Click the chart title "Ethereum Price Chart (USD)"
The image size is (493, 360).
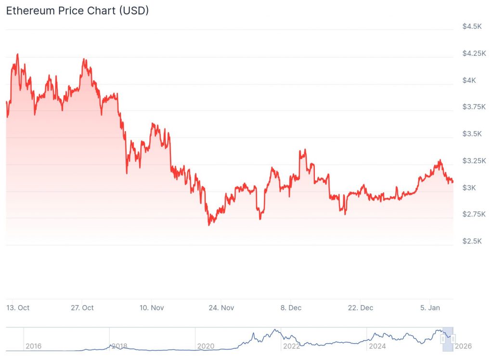(x=77, y=11)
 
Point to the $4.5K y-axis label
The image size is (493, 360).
(x=472, y=27)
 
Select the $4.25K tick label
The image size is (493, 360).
(x=474, y=53)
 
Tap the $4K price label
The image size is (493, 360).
(x=469, y=80)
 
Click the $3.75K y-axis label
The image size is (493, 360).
(x=474, y=107)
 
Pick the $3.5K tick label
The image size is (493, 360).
(x=472, y=133)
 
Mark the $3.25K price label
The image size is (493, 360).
(x=474, y=160)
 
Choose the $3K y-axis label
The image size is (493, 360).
(x=469, y=187)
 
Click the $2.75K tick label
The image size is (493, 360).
(x=474, y=214)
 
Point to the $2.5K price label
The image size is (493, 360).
(x=472, y=241)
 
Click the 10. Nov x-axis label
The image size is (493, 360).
(x=152, y=307)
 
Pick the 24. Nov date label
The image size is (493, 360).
(x=221, y=307)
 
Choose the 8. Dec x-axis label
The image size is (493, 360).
(x=291, y=307)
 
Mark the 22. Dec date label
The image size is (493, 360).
(x=360, y=307)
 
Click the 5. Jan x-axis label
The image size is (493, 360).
(x=429, y=307)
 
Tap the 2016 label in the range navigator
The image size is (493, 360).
(x=33, y=346)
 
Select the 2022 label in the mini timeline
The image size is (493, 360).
(x=292, y=346)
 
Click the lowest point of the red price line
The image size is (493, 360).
(x=209, y=225)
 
